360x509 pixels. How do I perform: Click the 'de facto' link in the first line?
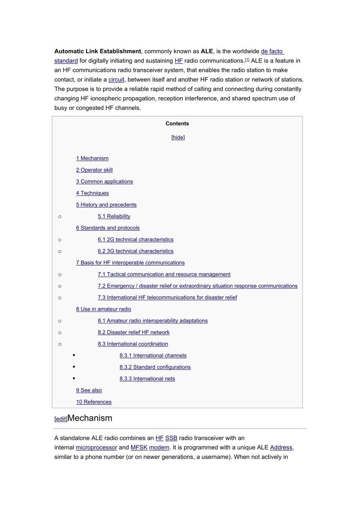click(272, 51)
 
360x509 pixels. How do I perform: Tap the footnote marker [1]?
click(247, 60)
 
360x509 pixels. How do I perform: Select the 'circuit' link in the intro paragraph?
click(116, 79)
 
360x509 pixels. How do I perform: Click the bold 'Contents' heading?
click(177, 124)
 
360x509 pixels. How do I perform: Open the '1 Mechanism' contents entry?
click(92, 158)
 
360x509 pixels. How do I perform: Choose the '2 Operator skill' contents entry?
click(94, 170)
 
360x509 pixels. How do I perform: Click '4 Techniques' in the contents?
click(92, 193)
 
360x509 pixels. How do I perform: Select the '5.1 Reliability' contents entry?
click(114, 216)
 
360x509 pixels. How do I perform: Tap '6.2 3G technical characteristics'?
click(135, 251)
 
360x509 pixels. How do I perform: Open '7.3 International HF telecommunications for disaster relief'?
click(167, 298)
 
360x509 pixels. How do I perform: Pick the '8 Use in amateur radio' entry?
click(104, 309)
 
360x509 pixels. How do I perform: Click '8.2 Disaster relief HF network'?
click(133, 332)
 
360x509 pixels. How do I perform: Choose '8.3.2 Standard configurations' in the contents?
click(155, 367)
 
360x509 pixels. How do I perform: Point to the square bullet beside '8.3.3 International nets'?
click(74, 378)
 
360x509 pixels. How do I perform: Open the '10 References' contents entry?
click(94, 402)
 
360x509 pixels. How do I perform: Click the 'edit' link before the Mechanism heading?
click(61, 419)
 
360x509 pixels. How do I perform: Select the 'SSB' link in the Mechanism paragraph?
click(171, 438)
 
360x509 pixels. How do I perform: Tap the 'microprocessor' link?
click(96, 448)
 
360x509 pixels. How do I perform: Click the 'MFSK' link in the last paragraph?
click(139, 448)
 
